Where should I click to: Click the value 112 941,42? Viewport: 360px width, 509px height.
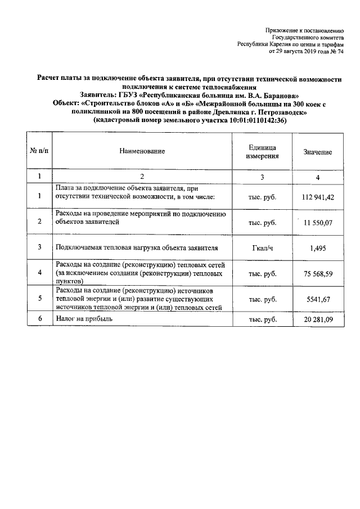(x=318, y=197)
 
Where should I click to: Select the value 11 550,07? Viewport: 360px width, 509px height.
(x=318, y=223)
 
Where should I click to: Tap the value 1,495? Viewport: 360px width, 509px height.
(x=318, y=247)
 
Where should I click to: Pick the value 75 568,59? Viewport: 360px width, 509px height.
(x=318, y=273)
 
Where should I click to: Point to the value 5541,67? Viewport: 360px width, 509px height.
(x=318, y=299)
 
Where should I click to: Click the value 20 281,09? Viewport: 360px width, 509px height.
(x=318, y=319)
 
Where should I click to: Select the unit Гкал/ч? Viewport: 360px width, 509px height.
(x=262, y=247)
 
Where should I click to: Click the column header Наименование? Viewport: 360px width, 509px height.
(x=142, y=152)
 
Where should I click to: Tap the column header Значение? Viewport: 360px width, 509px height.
(x=318, y=152)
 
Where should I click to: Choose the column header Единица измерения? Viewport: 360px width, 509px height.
(x=262, y=151)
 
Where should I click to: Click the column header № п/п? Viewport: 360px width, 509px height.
(x=39, y=152)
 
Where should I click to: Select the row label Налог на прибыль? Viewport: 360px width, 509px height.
(x=84, y=318)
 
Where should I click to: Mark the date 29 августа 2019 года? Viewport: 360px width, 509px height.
(x=303, y=51)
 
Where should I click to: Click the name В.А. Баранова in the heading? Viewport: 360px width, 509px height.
(x=281, y=96)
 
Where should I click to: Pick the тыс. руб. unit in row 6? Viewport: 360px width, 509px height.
(x=262, y=319)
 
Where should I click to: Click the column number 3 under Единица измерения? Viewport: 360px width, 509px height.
(x=262, y=177)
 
